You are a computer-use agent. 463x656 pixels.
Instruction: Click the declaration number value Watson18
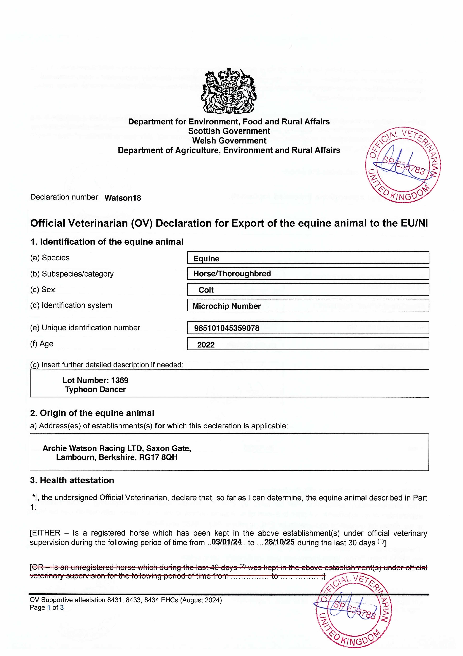pos(123,198)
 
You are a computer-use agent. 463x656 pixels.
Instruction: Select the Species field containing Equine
pos(308,258)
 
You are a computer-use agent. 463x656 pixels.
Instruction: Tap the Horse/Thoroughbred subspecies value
pos(232,274)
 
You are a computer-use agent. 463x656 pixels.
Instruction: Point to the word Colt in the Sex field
pos(206,290)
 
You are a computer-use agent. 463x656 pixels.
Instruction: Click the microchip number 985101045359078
pos(227,328)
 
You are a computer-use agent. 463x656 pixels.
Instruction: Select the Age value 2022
pos(206,345)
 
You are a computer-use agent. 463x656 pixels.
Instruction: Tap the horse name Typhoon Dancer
pos(95,389)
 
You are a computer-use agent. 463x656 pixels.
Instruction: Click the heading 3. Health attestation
pos(72,480)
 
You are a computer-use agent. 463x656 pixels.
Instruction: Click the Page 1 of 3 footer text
pos(47,608)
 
